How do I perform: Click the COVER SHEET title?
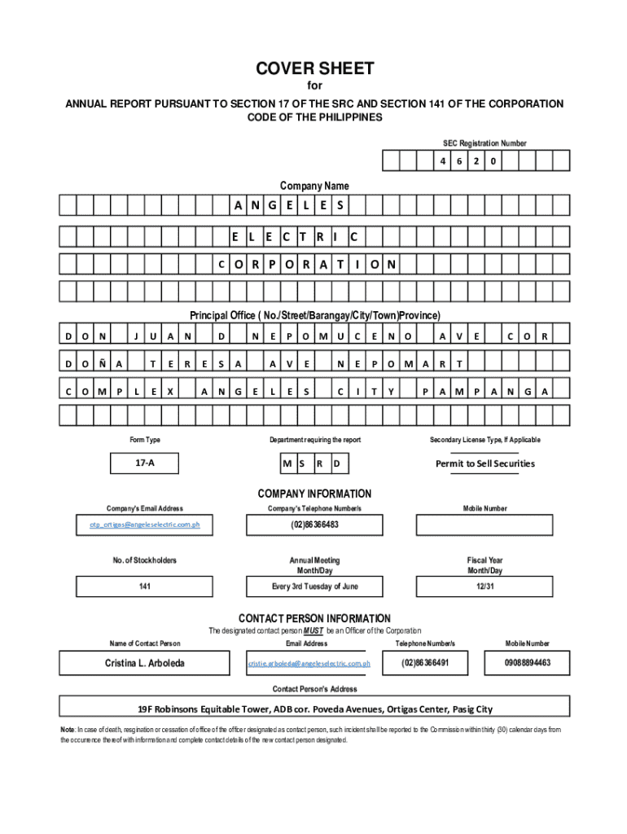click(314, 69)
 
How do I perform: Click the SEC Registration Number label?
click(484, 143)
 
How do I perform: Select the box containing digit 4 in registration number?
click(443, 161)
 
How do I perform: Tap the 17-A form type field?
click(145, 463)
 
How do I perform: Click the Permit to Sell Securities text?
click(485, 463)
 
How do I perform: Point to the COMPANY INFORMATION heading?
click(314, 494)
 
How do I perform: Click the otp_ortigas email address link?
click(145, 525)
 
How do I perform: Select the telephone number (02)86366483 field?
click(314, 525)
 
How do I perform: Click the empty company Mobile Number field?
click(485, 525)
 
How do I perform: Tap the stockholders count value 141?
click(145, 586)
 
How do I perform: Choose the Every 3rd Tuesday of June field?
click(314, 586)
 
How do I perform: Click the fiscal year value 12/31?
click(485, 586)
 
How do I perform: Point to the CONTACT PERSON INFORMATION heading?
click(314, 618)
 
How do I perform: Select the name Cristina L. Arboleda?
click(145, 663)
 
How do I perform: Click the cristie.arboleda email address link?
click(309, 664)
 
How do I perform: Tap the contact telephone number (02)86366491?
click(425, 663)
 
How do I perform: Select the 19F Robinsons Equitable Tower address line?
click(314, 709)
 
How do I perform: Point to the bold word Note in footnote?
click(68, 730)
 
